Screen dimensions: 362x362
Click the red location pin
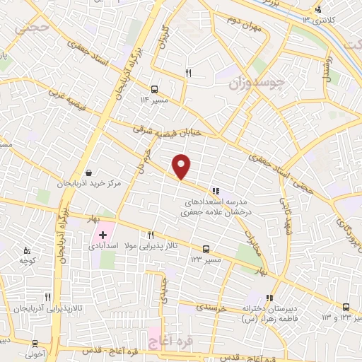tap(182, 166)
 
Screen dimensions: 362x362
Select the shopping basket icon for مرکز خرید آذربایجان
tap(88, 172)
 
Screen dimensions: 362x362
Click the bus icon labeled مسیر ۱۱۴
tap(154, 89)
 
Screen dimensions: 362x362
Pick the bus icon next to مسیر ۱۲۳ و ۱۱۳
tap(345, 307)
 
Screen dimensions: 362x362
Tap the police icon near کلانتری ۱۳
tap(318, 9)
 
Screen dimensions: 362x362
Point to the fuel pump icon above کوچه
tap(27, 250)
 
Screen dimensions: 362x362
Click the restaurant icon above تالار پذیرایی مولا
tap(151, 235)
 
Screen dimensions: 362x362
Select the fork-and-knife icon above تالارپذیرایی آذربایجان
tap(48, 298)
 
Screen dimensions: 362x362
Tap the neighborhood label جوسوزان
tap(258, 83)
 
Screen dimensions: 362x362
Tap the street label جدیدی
tap(164, 287)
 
